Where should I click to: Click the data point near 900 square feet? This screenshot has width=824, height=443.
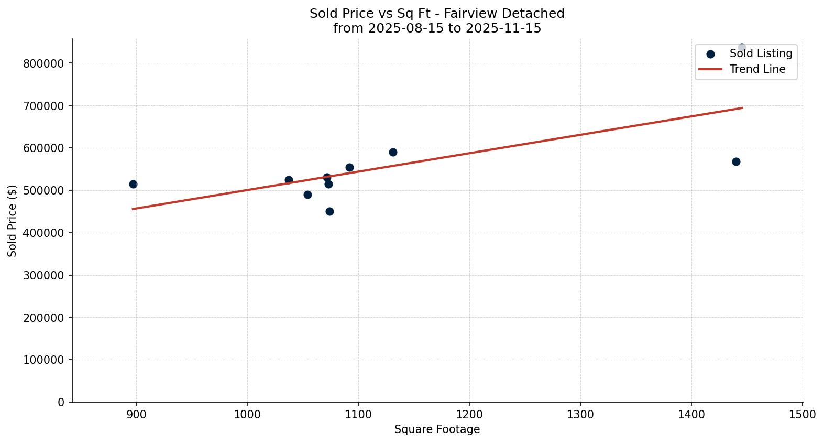coord(133,184)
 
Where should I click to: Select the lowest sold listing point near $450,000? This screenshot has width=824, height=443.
coord(329,211)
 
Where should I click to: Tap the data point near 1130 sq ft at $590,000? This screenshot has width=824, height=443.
coord(393,152)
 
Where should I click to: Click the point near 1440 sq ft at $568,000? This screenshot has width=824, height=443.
coord(736,161)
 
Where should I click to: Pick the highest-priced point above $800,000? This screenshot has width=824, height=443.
coord(742,47)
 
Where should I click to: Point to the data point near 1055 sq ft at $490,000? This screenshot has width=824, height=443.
coord(307,195)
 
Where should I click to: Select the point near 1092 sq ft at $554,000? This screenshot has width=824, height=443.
coord(349,167)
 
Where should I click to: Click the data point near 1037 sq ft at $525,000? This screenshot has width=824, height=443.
coord(289,180)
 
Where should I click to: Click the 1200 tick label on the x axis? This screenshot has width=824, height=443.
coord(469,415)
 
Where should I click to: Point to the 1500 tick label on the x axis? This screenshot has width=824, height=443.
coord(802,415)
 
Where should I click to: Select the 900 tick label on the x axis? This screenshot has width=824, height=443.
coord(136,415)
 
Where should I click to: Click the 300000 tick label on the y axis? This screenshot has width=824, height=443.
coord(43,275)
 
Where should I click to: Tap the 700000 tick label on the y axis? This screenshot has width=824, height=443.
coord(43,106)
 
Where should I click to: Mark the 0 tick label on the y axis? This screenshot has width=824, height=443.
coord(61,402)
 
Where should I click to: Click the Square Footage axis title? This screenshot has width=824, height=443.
coord(437,429)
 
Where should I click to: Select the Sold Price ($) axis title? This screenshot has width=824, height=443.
coord(13,221)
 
